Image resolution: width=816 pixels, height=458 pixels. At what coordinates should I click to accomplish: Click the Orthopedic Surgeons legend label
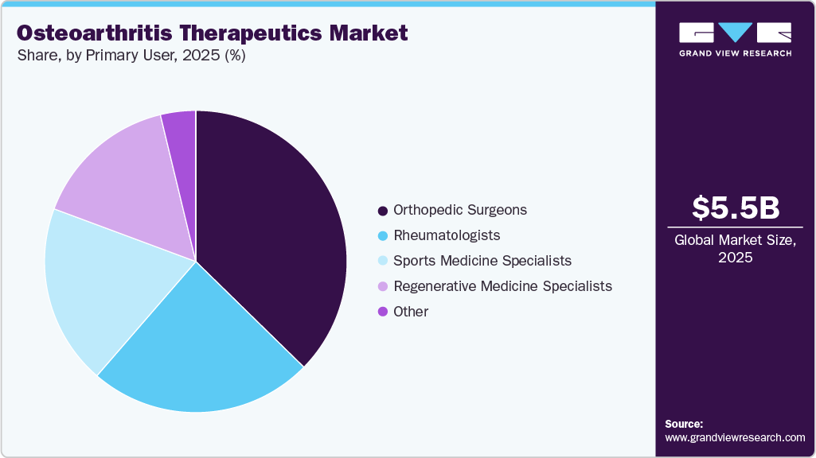click(460, 211)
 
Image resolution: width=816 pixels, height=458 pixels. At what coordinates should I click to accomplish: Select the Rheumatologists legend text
click(447, 236)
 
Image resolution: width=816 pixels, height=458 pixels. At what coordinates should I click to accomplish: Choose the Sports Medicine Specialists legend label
click(482, 261)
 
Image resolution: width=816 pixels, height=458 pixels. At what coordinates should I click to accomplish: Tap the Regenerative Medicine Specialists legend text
click(502, 286)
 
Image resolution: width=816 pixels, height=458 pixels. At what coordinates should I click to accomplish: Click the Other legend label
click(411, 312)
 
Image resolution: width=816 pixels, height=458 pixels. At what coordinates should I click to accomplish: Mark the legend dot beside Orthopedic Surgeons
click(383, 211)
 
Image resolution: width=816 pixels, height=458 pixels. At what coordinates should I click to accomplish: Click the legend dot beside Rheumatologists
click(383, 236)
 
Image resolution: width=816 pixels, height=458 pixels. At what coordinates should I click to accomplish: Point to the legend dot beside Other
click(383, 312)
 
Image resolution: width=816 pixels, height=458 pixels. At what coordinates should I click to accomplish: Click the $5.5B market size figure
click(736, 208)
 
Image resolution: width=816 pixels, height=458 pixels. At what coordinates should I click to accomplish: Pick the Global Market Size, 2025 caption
click(736, 249)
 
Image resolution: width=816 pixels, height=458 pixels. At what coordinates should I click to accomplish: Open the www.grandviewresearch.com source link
click(735, 438)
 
